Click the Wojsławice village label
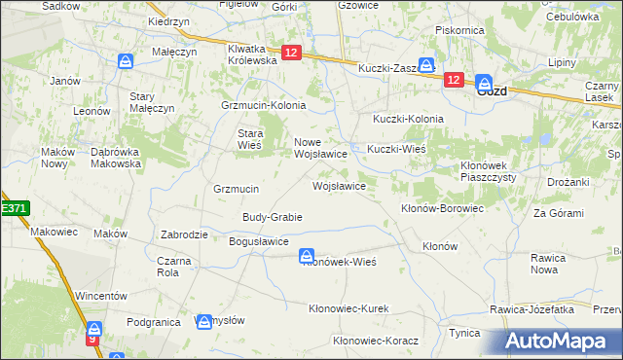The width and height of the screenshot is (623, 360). point(338,185)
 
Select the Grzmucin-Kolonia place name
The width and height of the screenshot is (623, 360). point(264,105)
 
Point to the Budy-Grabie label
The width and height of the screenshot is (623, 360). point(273,216)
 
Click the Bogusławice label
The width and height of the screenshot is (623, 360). point(258,240)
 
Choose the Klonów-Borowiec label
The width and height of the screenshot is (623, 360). point(442,208)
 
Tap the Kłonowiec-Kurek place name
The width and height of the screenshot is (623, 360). point(348,308)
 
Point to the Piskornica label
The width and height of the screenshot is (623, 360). point(459,30)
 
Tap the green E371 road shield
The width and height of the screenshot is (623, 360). point(14,208)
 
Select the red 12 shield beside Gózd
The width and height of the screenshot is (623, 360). point(453,81)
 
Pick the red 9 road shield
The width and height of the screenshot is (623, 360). point(93,340)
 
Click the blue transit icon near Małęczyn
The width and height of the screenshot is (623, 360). point(127,61)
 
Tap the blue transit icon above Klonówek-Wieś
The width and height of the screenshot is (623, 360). point(306,256)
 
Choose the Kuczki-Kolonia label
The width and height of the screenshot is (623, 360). point(408,119)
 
